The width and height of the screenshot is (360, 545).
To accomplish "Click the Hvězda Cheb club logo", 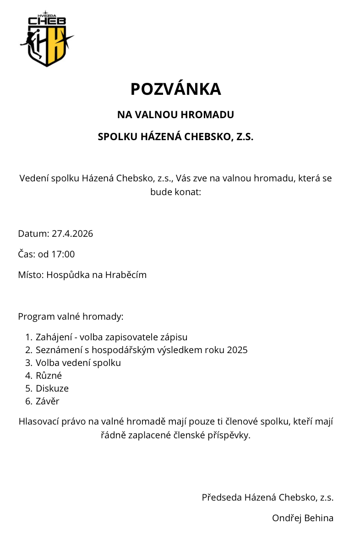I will (x=46, y=39).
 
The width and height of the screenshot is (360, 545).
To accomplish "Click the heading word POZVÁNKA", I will (x=176, y=89).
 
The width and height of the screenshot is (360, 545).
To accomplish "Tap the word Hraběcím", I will (x=126, y=275).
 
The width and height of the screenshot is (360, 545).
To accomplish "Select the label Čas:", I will (x=27, y=254).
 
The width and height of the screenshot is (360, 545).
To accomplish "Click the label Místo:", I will (x=31, y=275).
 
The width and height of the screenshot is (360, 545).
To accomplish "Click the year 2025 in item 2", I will (x=237, y=350).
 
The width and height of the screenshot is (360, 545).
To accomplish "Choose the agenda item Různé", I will (x=49, y=376).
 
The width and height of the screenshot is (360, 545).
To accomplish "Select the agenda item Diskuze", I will (x=52, y=388).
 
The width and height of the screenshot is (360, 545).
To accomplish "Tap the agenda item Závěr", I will (x=48, y=401).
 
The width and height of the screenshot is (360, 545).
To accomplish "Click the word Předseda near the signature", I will (x=222, y=497).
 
